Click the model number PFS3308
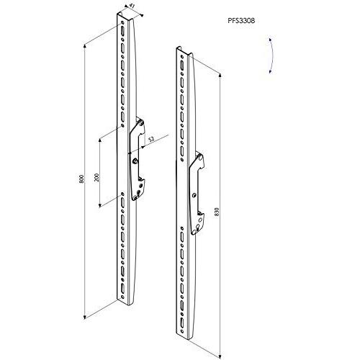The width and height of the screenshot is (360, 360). [x=241, y=21]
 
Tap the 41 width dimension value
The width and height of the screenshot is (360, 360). [x=132, y=6]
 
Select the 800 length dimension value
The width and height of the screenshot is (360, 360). [x=81, y=179]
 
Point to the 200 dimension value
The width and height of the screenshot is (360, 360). [x=97, y=177]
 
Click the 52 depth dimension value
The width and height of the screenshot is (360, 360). [x=151, y=140]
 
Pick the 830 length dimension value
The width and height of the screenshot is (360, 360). [x=217, y=212]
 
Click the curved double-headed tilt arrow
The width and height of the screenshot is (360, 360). [x=271, y=55]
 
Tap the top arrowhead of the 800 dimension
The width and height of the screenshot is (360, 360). [x=84, y=46]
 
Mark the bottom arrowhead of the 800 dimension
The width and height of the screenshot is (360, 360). [x=84, y=318]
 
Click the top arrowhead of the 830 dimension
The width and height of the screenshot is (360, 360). [x=220, y=76]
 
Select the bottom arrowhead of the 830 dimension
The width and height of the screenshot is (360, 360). [x=220, y=356]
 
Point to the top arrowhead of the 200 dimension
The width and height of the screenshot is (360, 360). [x=100, y=140]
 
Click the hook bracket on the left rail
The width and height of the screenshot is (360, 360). [x=138, y=159]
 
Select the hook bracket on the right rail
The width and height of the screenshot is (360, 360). [x=197, y=193]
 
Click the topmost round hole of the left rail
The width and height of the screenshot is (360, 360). [x=122, y=23]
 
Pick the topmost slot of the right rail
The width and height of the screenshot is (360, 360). [x=181, y=65]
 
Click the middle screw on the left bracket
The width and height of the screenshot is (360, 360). [x=135, y=161]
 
